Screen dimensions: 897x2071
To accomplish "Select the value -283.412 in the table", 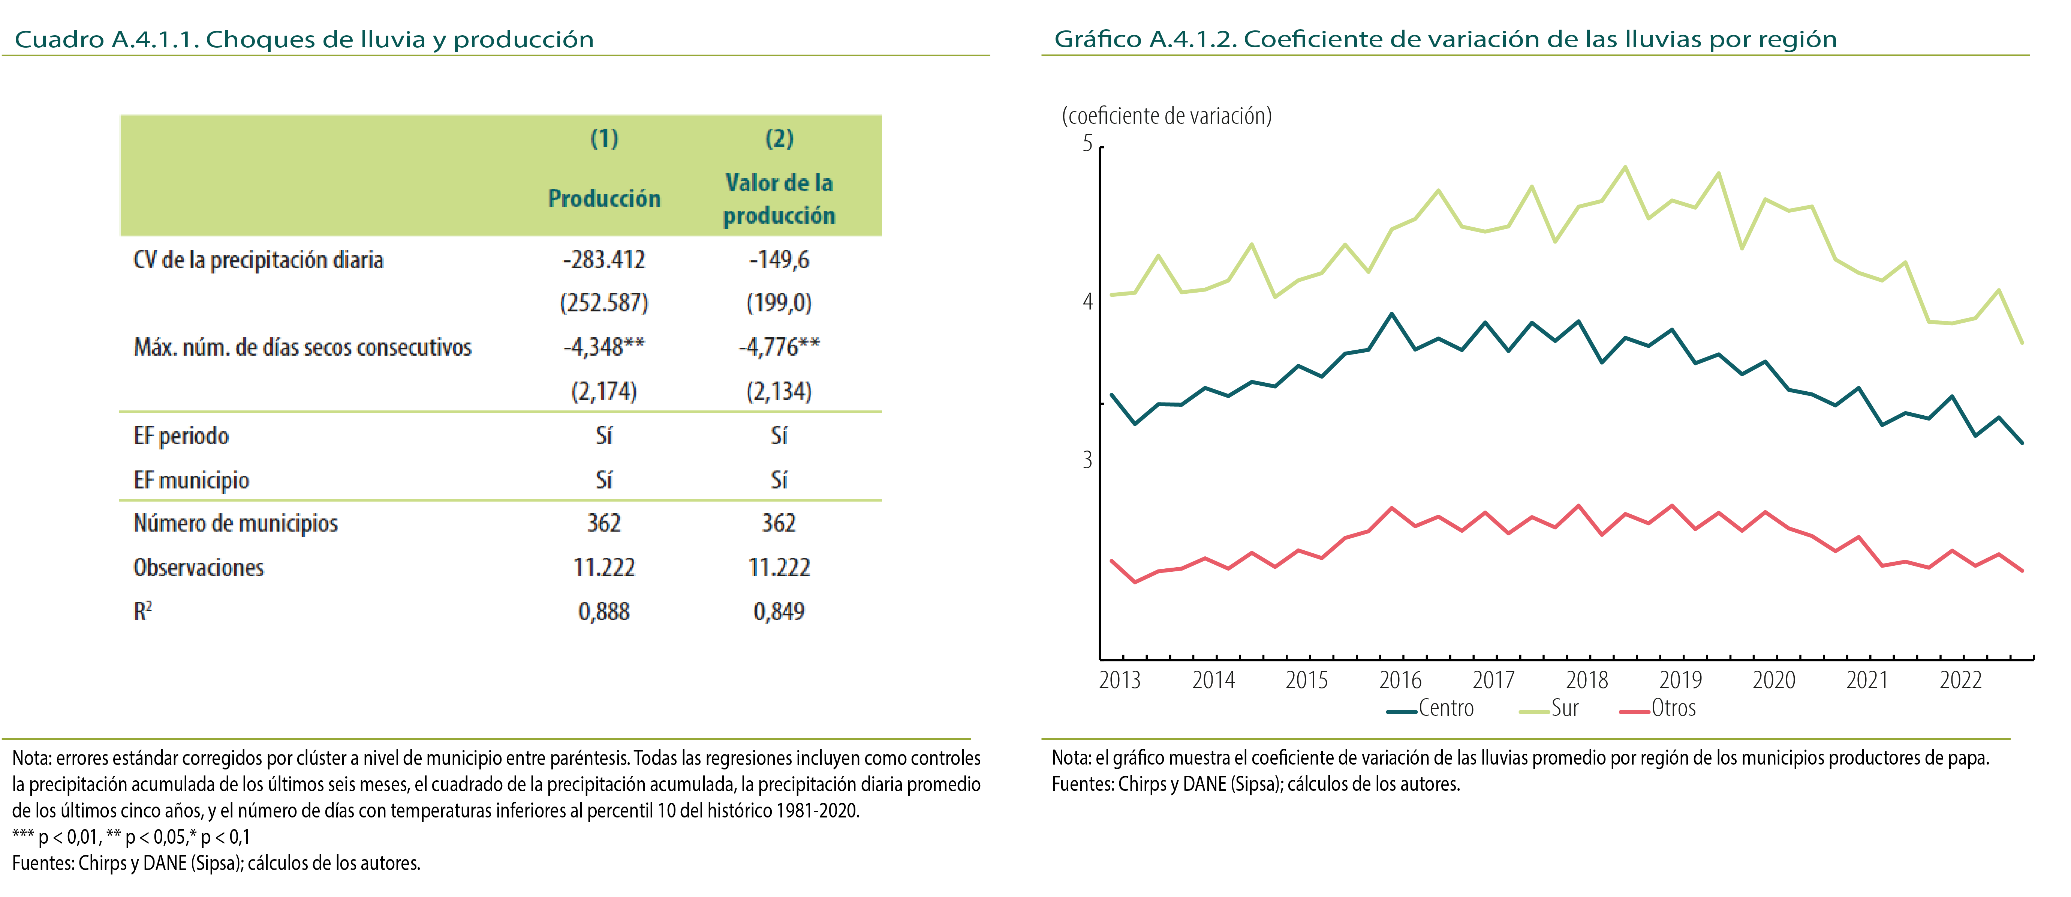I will coord(604,260).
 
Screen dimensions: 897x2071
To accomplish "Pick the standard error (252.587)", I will coord(604,303).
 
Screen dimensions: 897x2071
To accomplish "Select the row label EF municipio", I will coord(191,480).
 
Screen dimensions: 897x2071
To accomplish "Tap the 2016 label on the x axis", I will coord(1400,681).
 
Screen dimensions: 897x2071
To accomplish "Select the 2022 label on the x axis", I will coord(1960,681).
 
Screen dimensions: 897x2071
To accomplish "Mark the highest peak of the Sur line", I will coord(1625,167).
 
